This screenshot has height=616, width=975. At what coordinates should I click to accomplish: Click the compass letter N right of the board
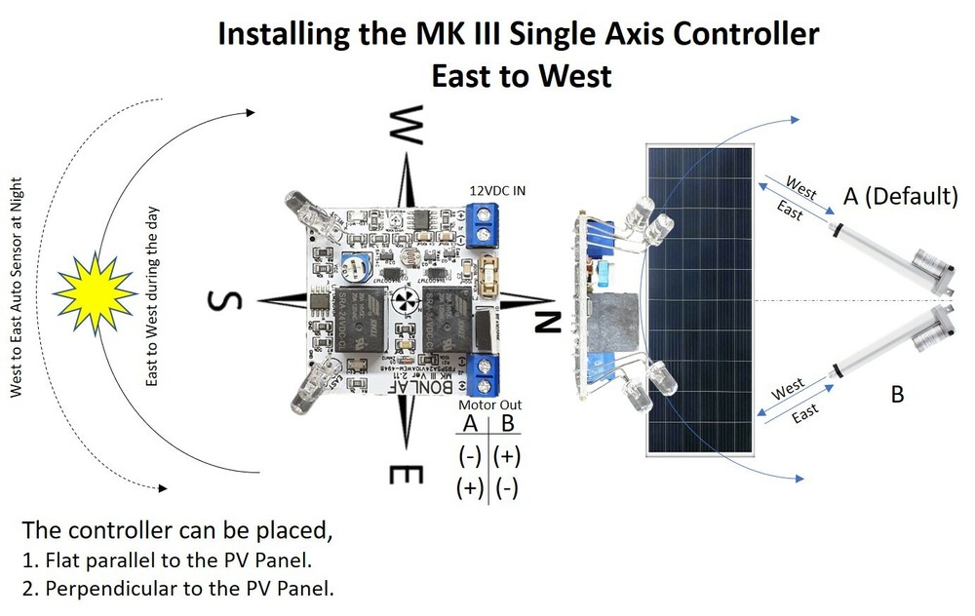click(x=548, y=321)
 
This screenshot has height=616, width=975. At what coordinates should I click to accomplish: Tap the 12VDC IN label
click(x=497, y=190)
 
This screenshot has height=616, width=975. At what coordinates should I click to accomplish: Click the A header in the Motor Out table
click(x=470, y=424)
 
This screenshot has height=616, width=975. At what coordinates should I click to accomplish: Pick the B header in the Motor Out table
click(x=507, y=424)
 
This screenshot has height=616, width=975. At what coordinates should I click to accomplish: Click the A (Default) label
click(x=900, y=196)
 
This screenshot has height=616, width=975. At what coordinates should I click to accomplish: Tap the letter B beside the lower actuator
click(x=898, y=395)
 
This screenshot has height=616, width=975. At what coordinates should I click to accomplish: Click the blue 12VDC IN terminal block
click(x=482, y=229)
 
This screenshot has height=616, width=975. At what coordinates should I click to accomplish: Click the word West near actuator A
click(x=800, y=184)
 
